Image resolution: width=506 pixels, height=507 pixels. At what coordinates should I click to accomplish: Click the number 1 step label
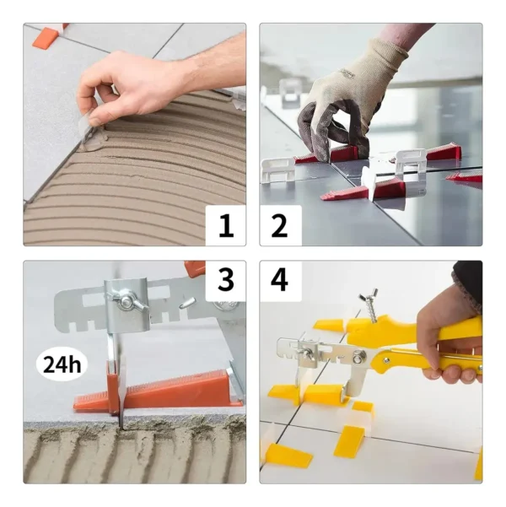pyautogui.click(x=225, y=225)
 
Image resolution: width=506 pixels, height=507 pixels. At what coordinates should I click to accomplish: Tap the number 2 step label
pyautogui.click(x=280, y=225)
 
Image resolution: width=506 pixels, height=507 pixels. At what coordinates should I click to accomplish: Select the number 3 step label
pyautogui.click(x=225, y=281)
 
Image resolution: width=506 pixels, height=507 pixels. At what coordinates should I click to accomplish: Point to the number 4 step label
pyautogui.click(x=280, y=281)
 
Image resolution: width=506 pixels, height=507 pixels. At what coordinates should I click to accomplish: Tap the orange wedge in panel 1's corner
pyautogui.click(x=47, y=37)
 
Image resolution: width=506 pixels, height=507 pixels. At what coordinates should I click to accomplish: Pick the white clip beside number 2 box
pyautogui.click(x=277, y=169)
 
